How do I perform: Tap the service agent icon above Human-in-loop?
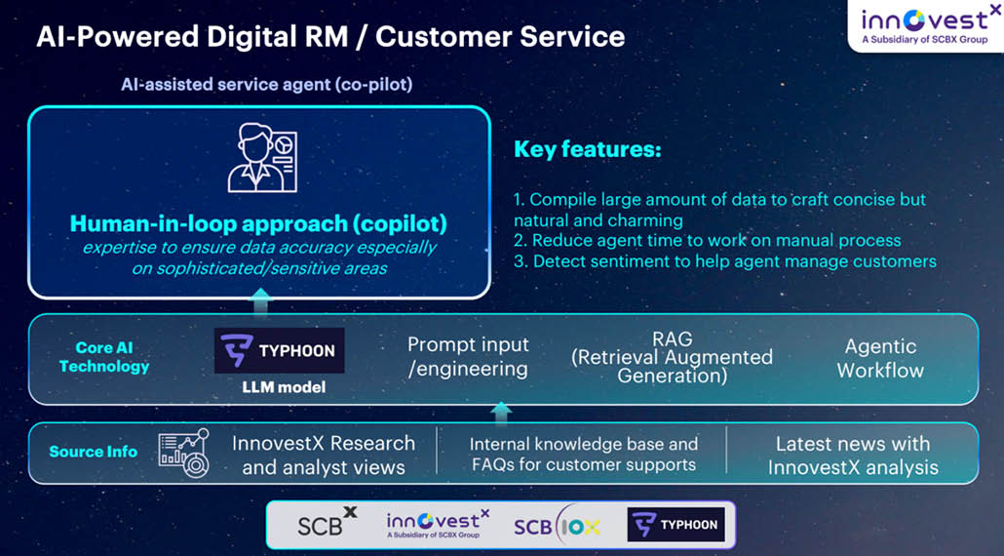pos(262,158)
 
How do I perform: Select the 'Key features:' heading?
pos(587,150)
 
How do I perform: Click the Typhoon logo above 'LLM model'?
pos(279,350)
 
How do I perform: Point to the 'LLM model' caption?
pos(284,387)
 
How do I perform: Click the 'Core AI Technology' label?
pos(103,357)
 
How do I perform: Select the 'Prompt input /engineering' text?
pos(468,357)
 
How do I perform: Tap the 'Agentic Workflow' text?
pos(880,358)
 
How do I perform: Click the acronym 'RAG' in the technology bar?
pos(673,338)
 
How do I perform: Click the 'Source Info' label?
pos(94,452)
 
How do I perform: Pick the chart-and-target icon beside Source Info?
pos(184,453)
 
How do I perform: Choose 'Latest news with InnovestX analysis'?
pos(853,456)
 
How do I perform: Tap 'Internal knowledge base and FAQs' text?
pos(583,455)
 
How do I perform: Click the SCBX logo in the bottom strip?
pos(328,522)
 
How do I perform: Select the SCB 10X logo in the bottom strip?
pos(557,525)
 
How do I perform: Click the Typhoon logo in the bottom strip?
pos(676,525)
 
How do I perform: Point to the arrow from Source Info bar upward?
pos(501,413)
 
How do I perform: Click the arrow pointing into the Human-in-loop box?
pos(260,303)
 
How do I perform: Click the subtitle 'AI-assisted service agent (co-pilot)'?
pos(267,84)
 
